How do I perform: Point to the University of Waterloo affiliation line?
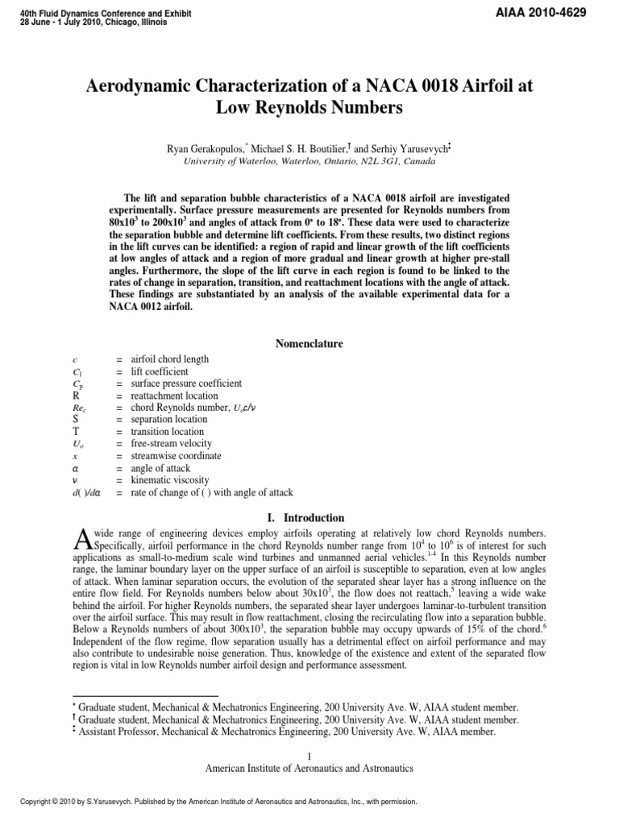tap(309, 161)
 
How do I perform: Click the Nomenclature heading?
tap(309, 344)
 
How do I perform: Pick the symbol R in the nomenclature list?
tap(76, 396)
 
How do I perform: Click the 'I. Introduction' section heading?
tap(309, 518)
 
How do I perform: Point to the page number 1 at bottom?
tap(309, 755)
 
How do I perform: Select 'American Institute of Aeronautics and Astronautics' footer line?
tap(309, 768)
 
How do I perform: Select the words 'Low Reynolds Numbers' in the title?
tap(309, 107)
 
